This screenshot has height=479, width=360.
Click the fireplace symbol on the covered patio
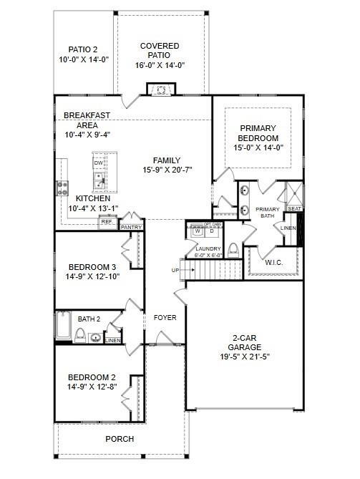pos(160,89)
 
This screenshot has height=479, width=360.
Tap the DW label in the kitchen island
pos(98,163)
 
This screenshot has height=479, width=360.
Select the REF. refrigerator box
pos(107,222)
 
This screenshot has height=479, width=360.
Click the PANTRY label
pos(131,227)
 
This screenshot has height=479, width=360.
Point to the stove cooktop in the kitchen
pos(62,188)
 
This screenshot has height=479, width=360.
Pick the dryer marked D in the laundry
pos(212,231)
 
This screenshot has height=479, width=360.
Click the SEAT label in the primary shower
pos(294,209)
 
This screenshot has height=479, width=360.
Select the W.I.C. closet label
pos(275,262)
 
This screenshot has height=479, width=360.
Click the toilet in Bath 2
pos(81,335)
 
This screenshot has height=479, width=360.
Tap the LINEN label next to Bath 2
pos(112,340)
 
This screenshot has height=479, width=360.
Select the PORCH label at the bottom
pos(120,439)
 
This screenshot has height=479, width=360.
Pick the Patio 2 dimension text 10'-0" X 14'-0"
pos(83,60)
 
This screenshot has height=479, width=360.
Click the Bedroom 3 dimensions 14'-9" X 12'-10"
pos(92,276)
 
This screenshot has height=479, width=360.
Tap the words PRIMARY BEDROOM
pos(258,133)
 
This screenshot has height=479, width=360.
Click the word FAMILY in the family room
pos(167,160)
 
